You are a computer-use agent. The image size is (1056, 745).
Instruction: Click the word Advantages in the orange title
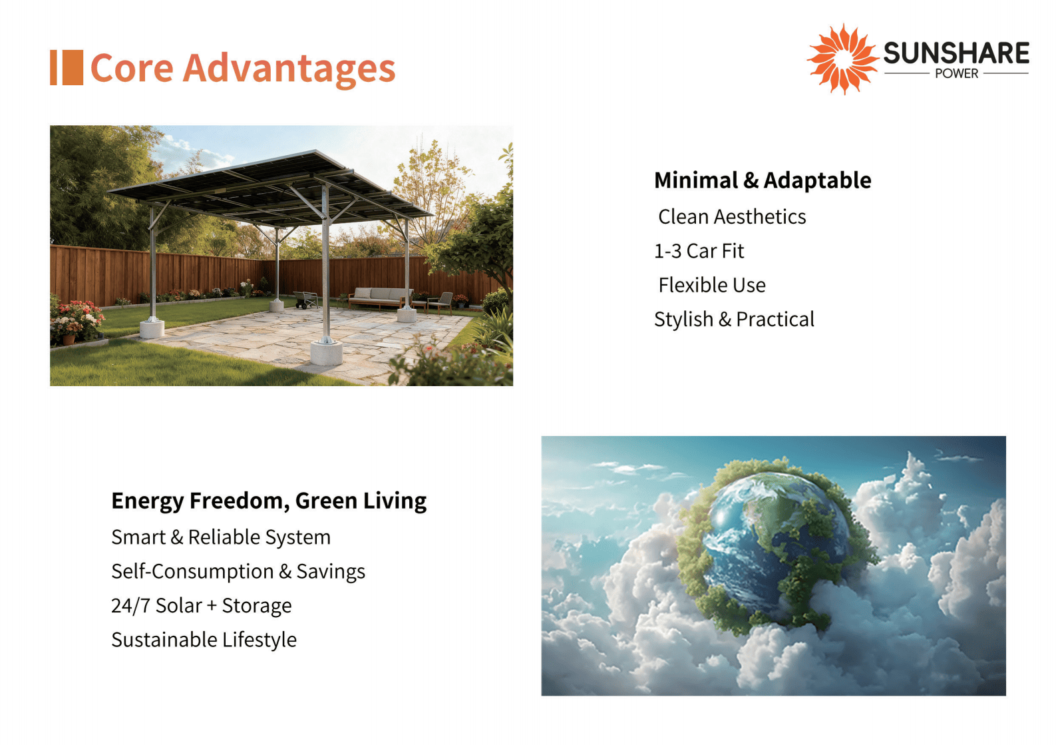[289, 69]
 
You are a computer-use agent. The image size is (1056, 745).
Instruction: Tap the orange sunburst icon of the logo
[843, 59]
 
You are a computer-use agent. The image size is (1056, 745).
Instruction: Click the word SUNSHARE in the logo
[956, 53]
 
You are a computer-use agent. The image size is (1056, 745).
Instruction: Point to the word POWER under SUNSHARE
[957, 74]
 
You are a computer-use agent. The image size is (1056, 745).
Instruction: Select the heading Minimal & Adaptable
[763, 180]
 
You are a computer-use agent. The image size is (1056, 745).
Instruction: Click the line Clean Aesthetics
[732, 217]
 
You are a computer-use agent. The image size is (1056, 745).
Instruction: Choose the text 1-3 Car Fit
[699, 251]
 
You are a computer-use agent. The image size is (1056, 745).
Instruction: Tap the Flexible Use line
[712, 285]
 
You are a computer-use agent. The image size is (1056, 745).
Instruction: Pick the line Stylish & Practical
[734, 320]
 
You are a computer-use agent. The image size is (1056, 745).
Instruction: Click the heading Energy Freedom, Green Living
[269, 501]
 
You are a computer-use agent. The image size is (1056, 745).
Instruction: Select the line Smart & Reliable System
[221, 537]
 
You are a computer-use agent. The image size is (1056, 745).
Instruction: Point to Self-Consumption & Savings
[238, 571]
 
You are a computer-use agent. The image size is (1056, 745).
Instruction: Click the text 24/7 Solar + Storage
[202, 606]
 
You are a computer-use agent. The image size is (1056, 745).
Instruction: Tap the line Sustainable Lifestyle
[204, 640]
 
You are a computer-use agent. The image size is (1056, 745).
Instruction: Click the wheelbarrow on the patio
[305, 300]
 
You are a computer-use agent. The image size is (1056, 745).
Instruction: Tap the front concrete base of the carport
[326, 354]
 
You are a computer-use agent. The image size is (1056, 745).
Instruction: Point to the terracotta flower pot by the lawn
[69, 340]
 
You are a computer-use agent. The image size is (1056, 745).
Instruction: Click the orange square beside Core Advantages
[73, 67]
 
